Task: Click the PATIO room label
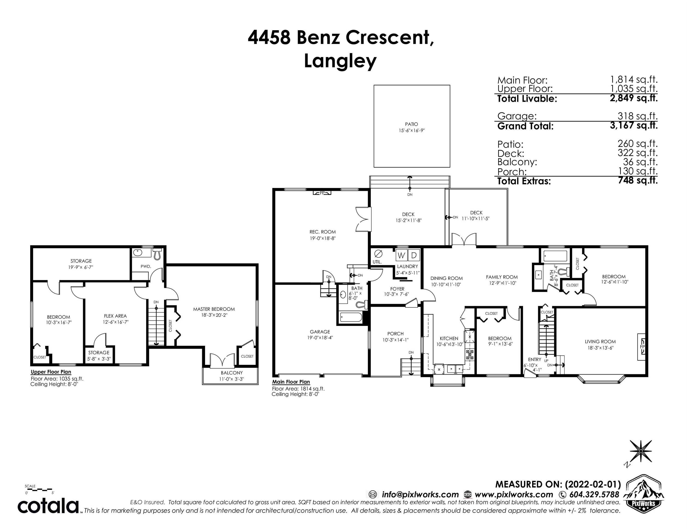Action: (x=411, y=124)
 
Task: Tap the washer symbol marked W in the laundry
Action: (x=401, y=255)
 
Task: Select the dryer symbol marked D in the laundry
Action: (x=414, y=255)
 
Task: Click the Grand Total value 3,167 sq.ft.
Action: (x=634, y=126)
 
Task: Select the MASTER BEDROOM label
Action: (x=214, y=309)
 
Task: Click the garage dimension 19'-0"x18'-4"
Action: (x=320, y=338)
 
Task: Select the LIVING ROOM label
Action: (x=600, y=342)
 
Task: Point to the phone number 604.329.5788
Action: (x=593, y=495)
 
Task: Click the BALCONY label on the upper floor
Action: (x=232, y=373)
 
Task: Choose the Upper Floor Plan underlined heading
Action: (x=51, y=372)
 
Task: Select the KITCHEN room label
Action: (x=449, y=339)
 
